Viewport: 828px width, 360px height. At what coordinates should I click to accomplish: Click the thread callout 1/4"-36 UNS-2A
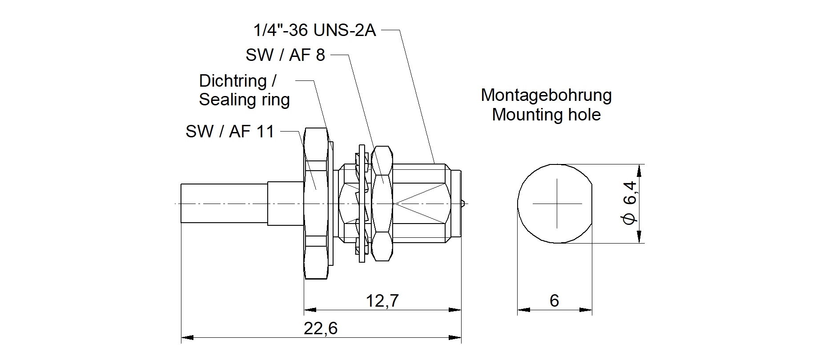(314, 30)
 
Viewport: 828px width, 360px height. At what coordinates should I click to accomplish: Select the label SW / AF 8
(285, 55)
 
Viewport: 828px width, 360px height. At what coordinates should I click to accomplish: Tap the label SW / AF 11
(230, 132)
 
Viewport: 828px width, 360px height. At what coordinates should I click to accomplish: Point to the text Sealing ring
(244, 100)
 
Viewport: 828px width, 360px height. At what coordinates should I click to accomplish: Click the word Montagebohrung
(546, 95)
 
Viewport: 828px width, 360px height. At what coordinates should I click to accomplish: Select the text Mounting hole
(546, 115)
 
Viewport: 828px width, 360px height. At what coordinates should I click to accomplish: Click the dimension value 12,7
(382, 301)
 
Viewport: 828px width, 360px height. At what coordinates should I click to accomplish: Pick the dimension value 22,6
(321, 328)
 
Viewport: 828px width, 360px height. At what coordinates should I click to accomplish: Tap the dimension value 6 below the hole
(554, 301)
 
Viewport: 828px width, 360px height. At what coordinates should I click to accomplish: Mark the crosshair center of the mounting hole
(557, 204)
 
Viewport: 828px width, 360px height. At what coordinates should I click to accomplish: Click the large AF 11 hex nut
(316, 204)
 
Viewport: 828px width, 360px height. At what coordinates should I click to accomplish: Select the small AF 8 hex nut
(382, 204)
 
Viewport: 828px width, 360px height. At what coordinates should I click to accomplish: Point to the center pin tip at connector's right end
(464, 204)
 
